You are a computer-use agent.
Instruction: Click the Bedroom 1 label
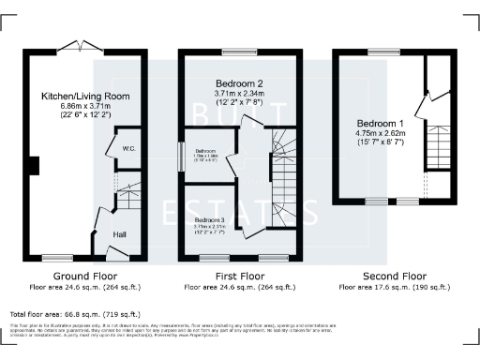[x=380, y=122]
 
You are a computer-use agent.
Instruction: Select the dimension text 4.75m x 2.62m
[x=380, y=134]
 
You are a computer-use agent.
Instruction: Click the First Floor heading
[x=238, y=277]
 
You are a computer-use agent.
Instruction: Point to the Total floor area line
[x=74, y=314]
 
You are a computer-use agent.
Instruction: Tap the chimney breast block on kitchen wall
[x=34, y=166]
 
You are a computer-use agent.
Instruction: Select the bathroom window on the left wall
[x=183, y=156]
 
